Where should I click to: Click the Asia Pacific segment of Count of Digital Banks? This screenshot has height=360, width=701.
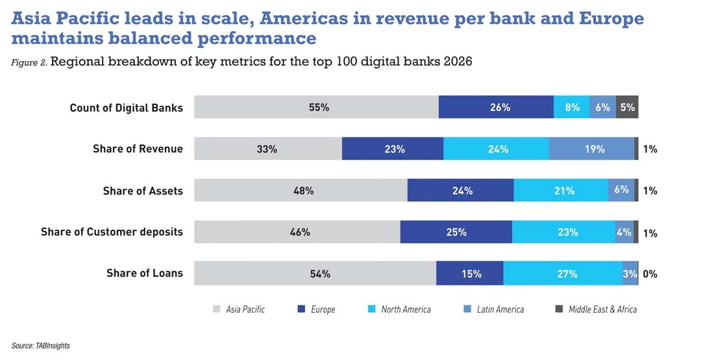[x=316, y=107]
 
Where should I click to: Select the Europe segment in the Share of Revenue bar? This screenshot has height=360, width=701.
[x=392, y=149]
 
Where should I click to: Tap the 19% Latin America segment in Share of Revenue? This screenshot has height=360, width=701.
[x=591, y=149]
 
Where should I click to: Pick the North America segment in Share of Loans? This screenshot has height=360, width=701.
[x=562, y=273]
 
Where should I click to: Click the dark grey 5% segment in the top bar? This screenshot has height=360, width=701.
[x=627, y=107]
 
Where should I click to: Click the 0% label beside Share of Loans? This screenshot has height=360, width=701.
[x=650, y=274]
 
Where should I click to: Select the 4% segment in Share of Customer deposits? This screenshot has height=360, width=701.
[x=624, y=232]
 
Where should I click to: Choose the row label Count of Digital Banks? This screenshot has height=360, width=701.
[x=127, y=108]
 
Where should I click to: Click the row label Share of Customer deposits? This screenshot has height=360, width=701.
[x=112, y=232]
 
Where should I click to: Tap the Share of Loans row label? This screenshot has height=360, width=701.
[x=145, y=273]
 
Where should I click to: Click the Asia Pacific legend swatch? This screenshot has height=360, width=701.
[x=217, y=309]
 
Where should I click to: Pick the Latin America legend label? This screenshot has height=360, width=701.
[x=500, y=309]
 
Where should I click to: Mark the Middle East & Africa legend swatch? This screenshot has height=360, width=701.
[x=560, y=309]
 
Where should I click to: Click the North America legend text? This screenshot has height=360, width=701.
[x=406, y=309]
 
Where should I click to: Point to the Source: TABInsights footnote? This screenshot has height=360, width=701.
[x=40, y=346]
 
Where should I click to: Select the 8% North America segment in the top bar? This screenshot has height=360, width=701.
[x=572, y=107]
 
